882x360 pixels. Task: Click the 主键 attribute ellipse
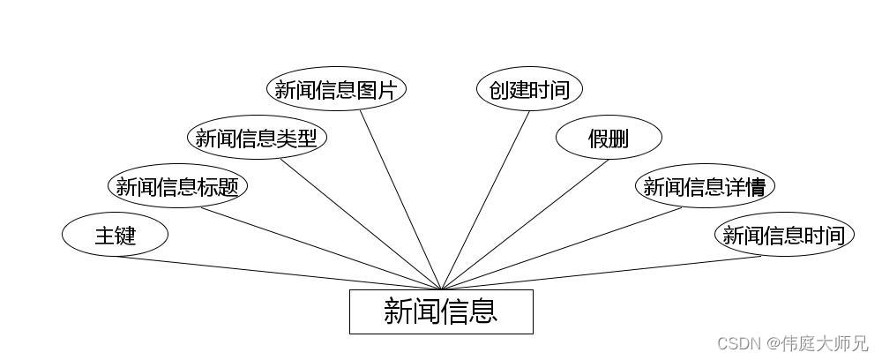click(x=115, y=235)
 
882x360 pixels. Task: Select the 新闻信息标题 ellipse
click(x=177, y=186)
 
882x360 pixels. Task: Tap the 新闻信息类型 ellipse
click(x=257, y=138)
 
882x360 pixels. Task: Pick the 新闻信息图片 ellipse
click(x=336, y=89)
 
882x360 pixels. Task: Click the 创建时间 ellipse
click(x=529, y=89)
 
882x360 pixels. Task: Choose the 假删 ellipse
click(x=609, y=138)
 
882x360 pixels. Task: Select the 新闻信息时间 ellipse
click(x=784, y=235)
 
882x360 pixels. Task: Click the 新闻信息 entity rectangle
click(x=441, y=311)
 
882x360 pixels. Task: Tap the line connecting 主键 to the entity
click(x=278, y=272)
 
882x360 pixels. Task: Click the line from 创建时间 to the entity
click(x=485, y=200)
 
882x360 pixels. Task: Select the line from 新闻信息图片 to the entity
click(x=400, y=200)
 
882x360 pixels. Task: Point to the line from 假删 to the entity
click(x=525, y=224)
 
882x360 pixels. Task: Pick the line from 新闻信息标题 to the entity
click(x=322, y=248)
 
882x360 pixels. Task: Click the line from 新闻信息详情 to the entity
click(x=561, y=248)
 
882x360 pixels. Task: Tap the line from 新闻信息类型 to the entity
click(x=361, y=224)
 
